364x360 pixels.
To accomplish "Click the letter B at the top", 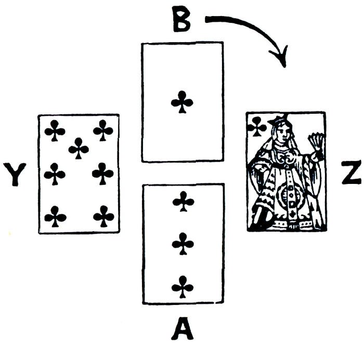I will pos(183,20).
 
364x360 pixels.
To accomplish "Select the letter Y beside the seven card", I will pos(15,174).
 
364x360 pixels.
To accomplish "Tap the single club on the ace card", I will pos(182,102).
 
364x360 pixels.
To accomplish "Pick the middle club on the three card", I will pos(183,243).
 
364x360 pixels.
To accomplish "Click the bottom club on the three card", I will pos(183,286).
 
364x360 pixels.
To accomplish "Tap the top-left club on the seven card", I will pos(55,130).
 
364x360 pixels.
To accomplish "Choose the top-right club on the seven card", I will pos(103,130).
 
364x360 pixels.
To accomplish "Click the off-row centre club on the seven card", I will pos(79,148).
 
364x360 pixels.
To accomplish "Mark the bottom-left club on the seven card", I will pos(55,216).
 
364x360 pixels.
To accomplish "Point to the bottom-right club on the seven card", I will pos(103,216).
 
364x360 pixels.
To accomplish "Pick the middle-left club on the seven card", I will pos(55,174).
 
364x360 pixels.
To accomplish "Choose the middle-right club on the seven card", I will pos(103,173).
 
